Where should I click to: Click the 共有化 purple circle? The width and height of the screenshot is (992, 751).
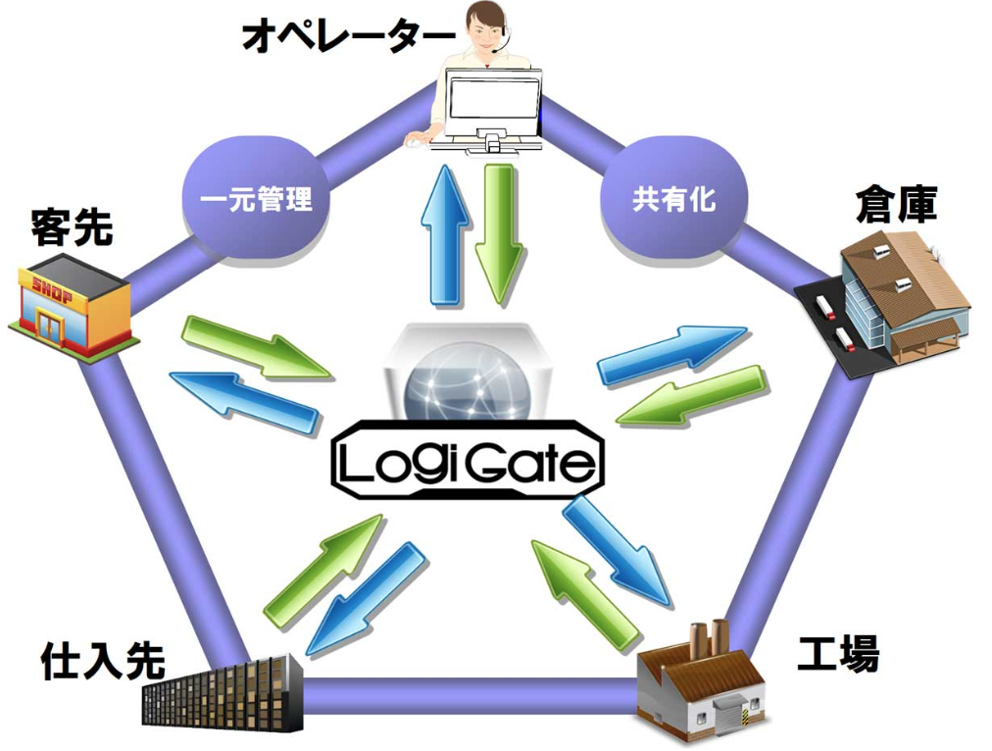[x=673, y=200]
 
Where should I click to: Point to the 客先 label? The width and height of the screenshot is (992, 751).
[x=72, y=227]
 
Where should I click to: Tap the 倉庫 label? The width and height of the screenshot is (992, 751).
[x=896, y=206]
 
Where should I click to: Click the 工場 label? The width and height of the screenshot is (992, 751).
[x=837, y=654]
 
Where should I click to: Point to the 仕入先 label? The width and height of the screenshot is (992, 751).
[x=103, y=662]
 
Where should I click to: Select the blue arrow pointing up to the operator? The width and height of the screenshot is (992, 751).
[x=444, y=235]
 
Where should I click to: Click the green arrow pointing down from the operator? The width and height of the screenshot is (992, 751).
[x=499, y=233]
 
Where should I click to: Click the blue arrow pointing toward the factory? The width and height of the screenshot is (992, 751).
[x=618, y=550]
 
